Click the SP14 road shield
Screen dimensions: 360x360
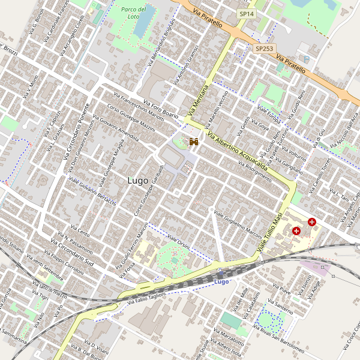pos(246,13)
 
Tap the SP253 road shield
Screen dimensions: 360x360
pos(264,48)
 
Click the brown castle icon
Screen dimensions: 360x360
pos(194,142)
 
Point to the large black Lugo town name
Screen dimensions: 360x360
pos(139,179)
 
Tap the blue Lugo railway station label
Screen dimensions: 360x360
pos(222,281)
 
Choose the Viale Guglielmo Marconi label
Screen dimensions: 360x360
pos(236,227)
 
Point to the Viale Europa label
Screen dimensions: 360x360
pos(269,115)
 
